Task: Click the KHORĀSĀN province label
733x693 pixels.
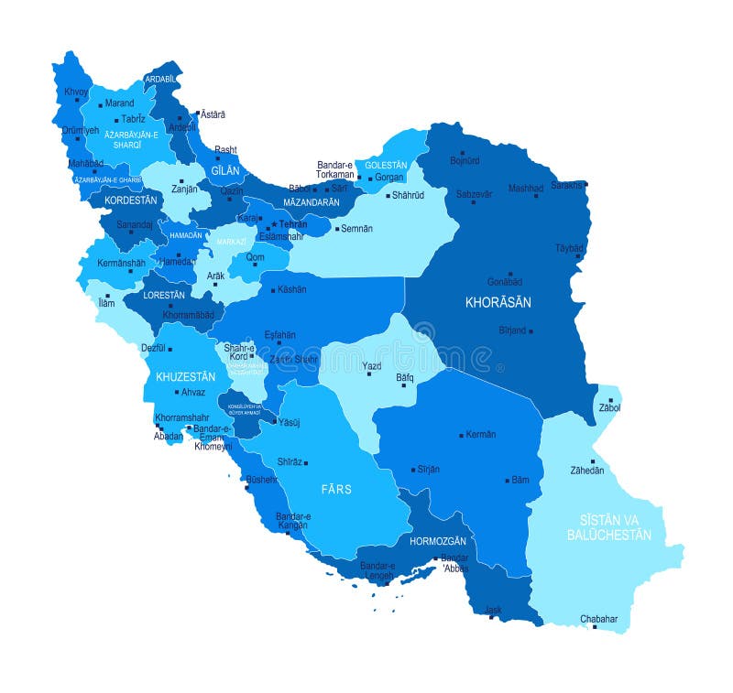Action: point(498,302)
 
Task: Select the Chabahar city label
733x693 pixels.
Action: point(599,619)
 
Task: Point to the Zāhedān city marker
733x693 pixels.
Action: point(592,461)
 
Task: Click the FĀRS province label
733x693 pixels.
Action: point(336,489)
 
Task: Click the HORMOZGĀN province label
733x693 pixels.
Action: point(438,541)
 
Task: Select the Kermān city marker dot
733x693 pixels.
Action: point(461,435)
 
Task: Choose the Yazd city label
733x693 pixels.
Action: point(371,366)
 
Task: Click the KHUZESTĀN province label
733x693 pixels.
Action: point(185,376)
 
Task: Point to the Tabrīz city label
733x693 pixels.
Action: point(134,119)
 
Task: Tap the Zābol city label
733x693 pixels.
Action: point(609,407)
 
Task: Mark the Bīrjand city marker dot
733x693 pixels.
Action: point(531,330)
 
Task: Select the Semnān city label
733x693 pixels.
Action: point(356,229)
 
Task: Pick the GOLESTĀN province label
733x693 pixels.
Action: point(386,166)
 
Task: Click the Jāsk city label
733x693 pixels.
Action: point(493,609)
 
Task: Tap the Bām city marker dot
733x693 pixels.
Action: point(507,480)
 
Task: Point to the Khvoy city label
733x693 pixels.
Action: point(76,92)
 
